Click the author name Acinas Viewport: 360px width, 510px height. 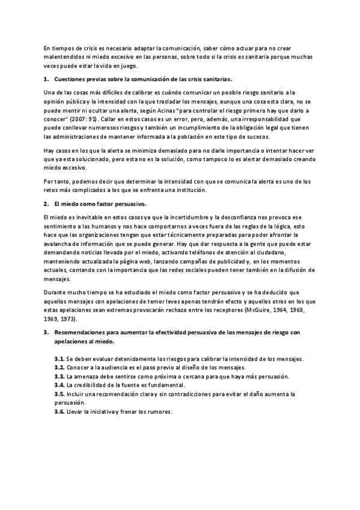point(184,111)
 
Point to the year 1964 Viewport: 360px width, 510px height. point(282,310)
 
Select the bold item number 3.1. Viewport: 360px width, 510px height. point(59,358)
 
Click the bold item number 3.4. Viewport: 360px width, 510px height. point(59,384)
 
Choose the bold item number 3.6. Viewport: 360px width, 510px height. point(59,412)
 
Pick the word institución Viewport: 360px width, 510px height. point(187,190)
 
